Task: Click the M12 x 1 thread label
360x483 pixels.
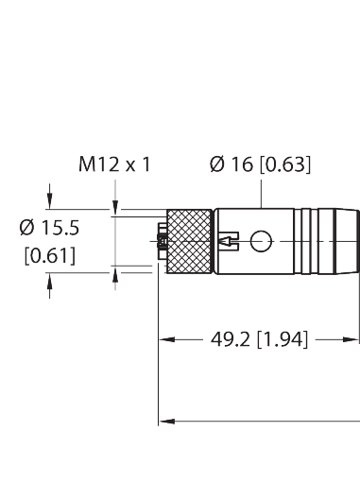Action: [x=114, y=165]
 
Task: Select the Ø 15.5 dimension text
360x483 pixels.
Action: [x=49, y=228]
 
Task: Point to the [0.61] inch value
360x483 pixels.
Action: [x=49, y=255]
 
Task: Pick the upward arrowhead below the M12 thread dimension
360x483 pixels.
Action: [x=116, y=275]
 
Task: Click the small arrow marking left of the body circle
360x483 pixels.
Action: [x=229, y=244]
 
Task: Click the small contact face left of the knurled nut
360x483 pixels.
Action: [x=161, y=243]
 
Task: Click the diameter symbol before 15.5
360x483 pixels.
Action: [x=27, y=228]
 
